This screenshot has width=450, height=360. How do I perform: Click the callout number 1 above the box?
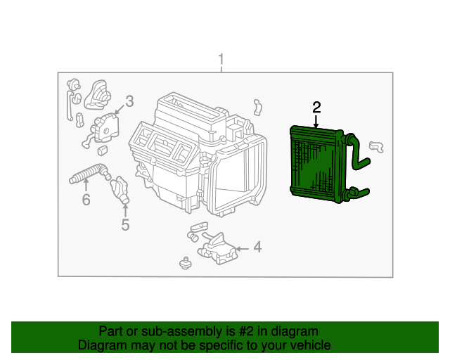click(x=221, y=59)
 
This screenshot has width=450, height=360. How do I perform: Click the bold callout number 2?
click(x=316, y=108)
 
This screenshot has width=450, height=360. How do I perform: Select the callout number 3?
click(x=129, y=101)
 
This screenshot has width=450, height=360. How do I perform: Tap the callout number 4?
click(x=258, y=247)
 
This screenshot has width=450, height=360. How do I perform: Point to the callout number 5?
click(x=125, y=224)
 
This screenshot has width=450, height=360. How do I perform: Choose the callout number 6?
click(x=86, y=199)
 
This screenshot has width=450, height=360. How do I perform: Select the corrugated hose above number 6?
click(x=89, y=173)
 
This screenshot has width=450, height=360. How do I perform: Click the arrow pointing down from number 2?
click(x=316, y=122)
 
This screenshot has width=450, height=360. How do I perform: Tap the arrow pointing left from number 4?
click(x=242, y=249)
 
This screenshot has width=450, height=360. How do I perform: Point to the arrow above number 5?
click(x=125, y=210)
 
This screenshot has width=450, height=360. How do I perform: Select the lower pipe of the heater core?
click(x=358, y=193)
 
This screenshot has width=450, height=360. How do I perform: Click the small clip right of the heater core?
click(x=377, y=147)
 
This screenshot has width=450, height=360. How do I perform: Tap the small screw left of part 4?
click(x=186, y=263)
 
